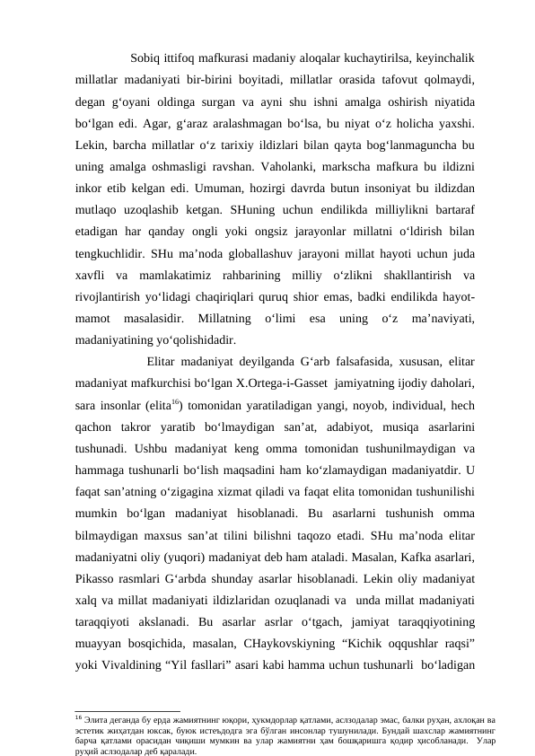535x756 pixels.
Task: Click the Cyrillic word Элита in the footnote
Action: pyautogui.click(x=95, y=696)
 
